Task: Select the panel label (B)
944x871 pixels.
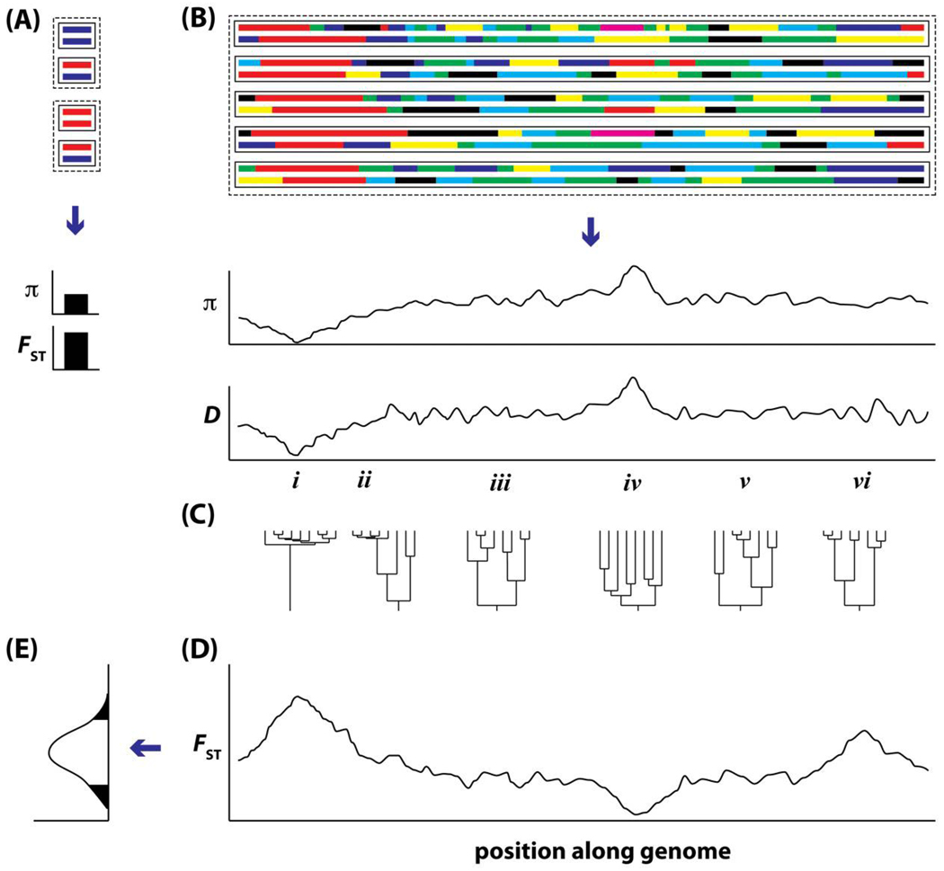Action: pyautogui.click(x=207, y=17)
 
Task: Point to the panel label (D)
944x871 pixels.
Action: pyautogui.click(x=207, y=645)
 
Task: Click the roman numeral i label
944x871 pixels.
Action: pyautogui.click(x=295, y=483)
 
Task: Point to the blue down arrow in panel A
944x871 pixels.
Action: pyautogui.click(x=76, y=221)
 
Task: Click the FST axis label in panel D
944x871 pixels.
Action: pyautogui.click(x=208, y=745)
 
